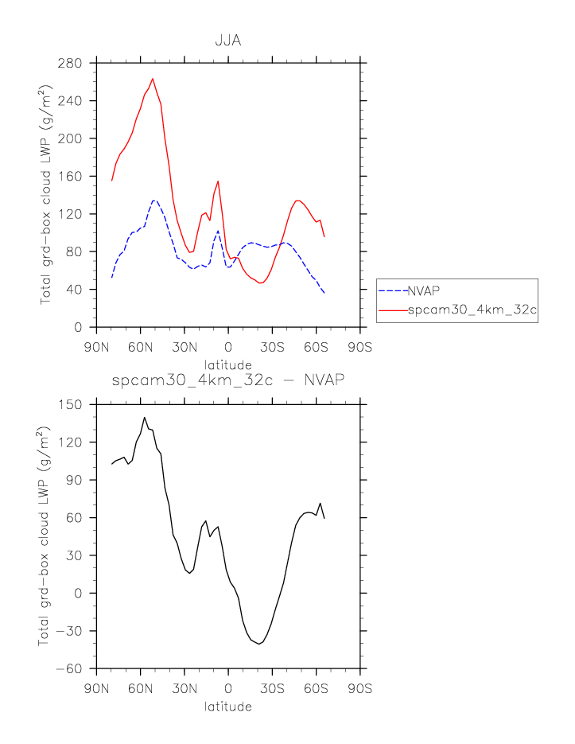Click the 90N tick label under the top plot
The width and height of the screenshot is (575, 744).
[x=96, y=347]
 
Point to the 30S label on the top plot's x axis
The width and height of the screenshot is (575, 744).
[x=272, y=347]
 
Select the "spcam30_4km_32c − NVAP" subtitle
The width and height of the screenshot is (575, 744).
[x=228, y=380]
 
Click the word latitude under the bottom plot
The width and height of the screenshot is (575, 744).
[x=228, y=706]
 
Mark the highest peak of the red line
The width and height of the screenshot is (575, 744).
[x=153, y=79]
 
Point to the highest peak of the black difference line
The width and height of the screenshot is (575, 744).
[x=145, y=417]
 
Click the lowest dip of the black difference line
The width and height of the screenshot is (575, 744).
[x=259, y=644]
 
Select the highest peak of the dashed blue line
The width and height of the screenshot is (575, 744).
[x=154, y=201]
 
